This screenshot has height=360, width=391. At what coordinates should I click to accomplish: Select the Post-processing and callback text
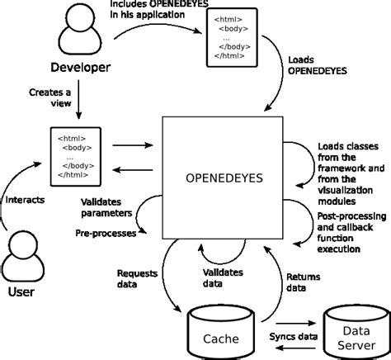click(350, 232)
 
